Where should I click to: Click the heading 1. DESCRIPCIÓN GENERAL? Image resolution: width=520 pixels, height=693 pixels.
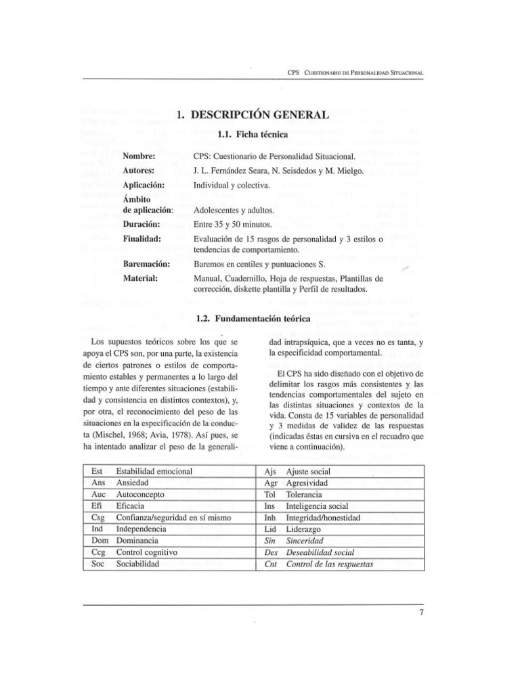click(x=253, y=116)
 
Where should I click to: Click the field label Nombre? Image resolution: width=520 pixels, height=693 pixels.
click(x=139, y=156)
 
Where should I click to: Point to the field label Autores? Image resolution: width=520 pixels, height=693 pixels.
click(x=139, y=170)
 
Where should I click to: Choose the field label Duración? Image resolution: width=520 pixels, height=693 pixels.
click(x=141, y=224)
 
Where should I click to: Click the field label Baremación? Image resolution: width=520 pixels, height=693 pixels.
click(x=146, y=263)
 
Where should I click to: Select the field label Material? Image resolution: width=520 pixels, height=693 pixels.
click(x=140, y=278)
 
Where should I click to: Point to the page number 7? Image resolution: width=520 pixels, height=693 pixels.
click(x=420, y=613)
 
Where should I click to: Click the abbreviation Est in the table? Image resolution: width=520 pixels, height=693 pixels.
click(x=97, y=470)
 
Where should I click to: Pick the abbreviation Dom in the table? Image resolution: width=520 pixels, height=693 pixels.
click(x=100, y=541)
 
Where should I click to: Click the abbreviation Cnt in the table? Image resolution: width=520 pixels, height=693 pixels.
click(x=270, y=564)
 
